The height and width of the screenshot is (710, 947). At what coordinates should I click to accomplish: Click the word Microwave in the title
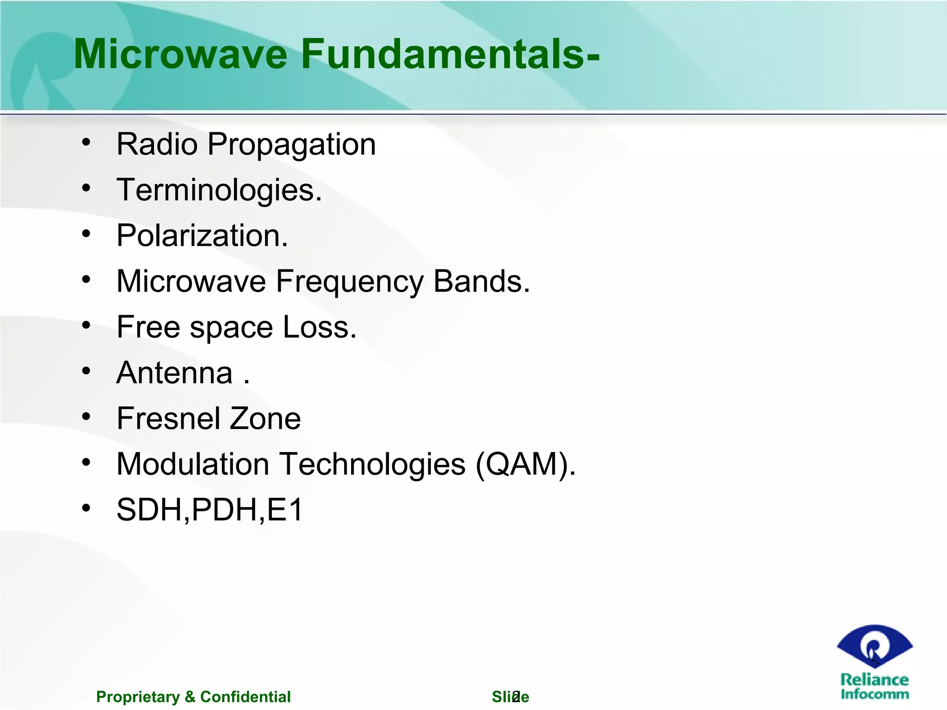[x=180, y=55]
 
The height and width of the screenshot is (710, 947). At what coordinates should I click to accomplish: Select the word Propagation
[x=291, y=145]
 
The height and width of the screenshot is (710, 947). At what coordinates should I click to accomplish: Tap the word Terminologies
[x=219, y=190]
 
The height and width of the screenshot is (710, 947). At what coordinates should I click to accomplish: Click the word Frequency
[x=349, y=282]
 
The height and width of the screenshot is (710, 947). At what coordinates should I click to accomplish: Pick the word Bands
[x=481, y=281]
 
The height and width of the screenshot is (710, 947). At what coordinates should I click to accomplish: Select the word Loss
[x=319, y=327]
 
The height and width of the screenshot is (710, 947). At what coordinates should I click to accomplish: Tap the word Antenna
[x=175, y=373]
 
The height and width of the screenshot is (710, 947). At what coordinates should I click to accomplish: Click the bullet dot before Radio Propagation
[x=86, y=143]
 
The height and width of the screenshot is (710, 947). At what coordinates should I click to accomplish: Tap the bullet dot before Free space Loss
[x=86, y=325]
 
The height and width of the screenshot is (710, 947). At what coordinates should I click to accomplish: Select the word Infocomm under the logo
[x=874, y=694]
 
